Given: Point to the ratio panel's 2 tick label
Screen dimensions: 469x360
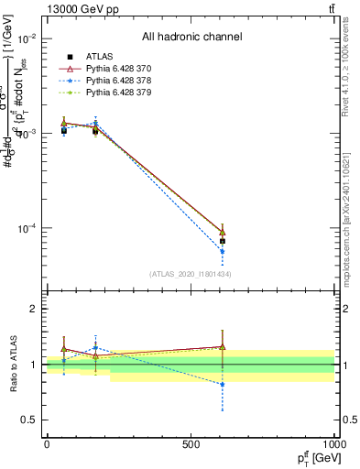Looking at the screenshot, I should pyautogui.click(x=33, y=310).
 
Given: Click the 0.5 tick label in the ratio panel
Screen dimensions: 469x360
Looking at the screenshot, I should pyautogui.click(x=29, y=420).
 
